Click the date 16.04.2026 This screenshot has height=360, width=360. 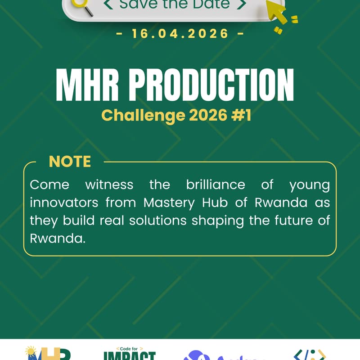click(x=180, y=34)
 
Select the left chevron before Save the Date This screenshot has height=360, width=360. click(x=108, y=5)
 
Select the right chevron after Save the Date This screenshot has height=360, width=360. click(x=241, y=5)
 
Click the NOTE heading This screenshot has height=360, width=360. click(x=70, y=162)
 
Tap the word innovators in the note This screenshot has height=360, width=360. click(x=64, y=202)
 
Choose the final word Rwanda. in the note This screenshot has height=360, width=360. click(x=57, y=238)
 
